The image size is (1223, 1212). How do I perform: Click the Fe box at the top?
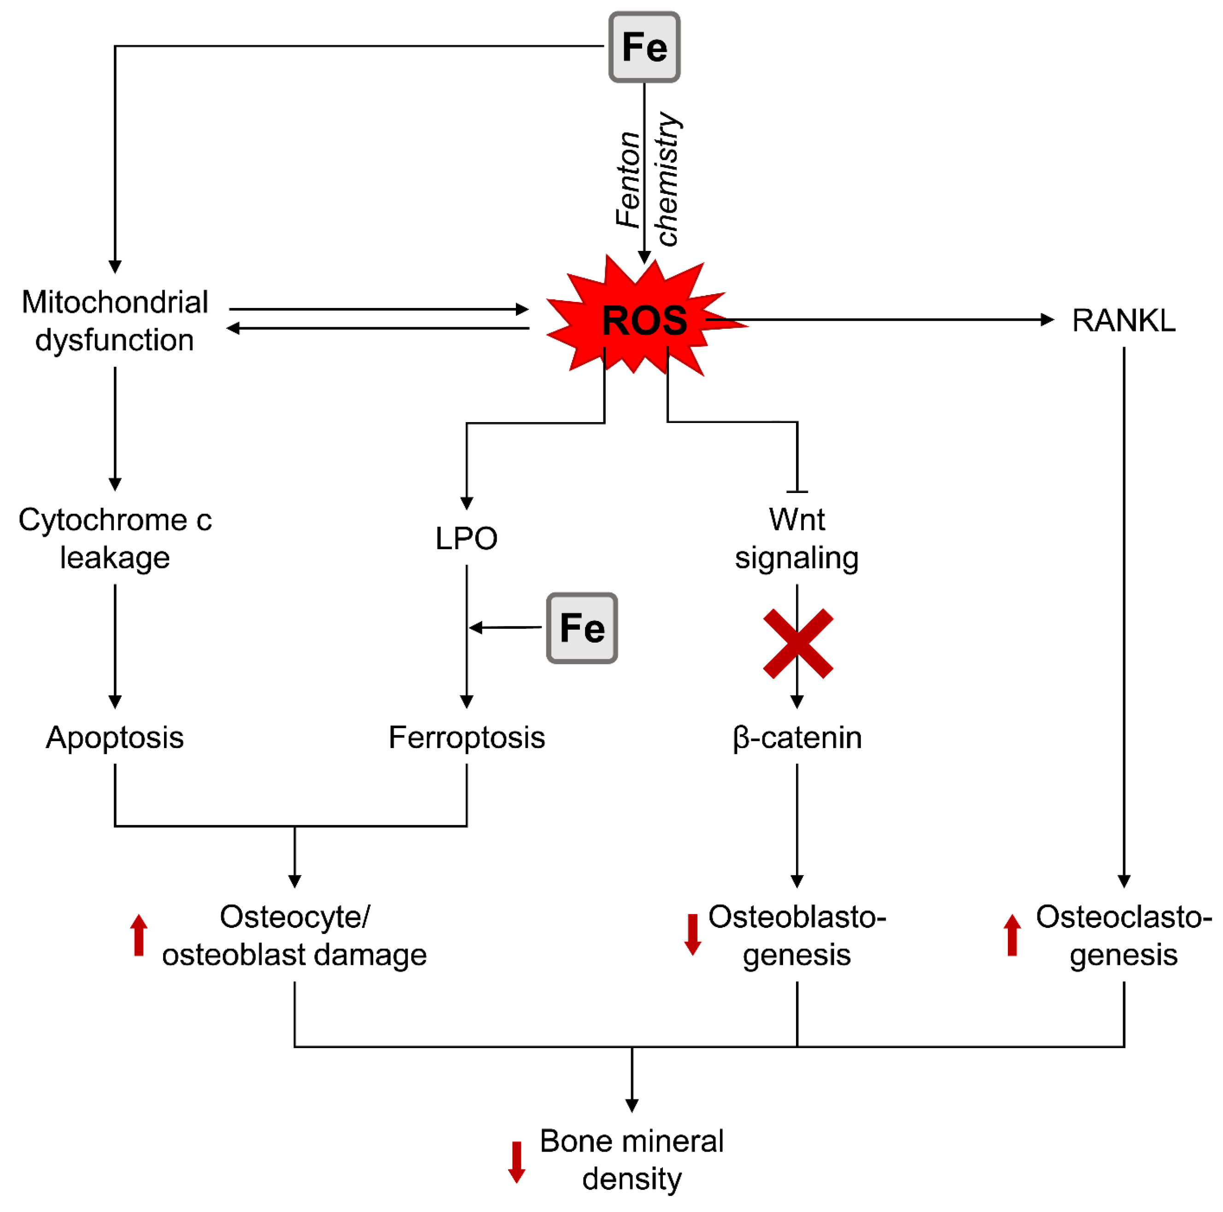click(644, 47)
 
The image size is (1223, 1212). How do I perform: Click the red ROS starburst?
click(644, 320)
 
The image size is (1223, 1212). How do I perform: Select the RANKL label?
click(1123, 320)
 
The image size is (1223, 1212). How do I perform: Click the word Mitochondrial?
click(115, 302)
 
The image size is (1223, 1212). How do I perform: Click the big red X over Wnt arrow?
click(798, 644)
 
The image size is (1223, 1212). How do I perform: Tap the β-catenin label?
click(797, 737)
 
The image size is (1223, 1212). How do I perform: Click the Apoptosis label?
click(115, 737)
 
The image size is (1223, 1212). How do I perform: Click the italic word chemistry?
click(668, 179)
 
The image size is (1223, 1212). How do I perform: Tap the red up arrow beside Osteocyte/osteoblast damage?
click(139, 934)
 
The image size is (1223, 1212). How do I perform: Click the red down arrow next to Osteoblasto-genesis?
click(692, 934)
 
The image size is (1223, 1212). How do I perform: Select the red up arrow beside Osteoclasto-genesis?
click(1012, 934)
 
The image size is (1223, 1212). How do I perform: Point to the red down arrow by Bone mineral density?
click(516, 1161)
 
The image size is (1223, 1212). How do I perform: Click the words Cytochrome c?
click(115, 520)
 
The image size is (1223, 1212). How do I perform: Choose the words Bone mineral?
click(631, 1142)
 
